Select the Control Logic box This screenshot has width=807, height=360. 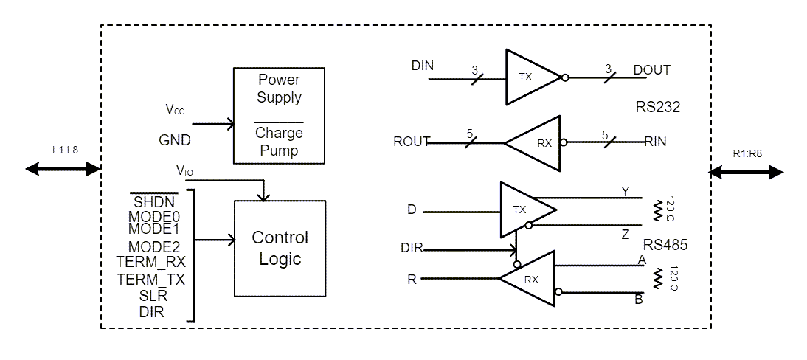(x=280, y=248)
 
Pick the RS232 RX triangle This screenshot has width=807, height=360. (x=537, y=142)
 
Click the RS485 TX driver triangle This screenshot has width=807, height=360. (x=524, y=210)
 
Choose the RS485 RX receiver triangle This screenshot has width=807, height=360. (x=531, y=279)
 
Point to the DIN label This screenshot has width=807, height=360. (x=423, y=66)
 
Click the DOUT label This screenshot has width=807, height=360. (x=652, y=70)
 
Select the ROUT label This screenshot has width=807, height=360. (x=412, y=142)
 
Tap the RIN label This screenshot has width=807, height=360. (x=655, y=142)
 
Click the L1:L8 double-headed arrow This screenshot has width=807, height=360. (x=62, y=169)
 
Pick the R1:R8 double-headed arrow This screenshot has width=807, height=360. (x=746, y=172)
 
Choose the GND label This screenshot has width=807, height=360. (x=175, y=140)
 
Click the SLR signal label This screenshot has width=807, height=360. (x=153, y=296)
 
